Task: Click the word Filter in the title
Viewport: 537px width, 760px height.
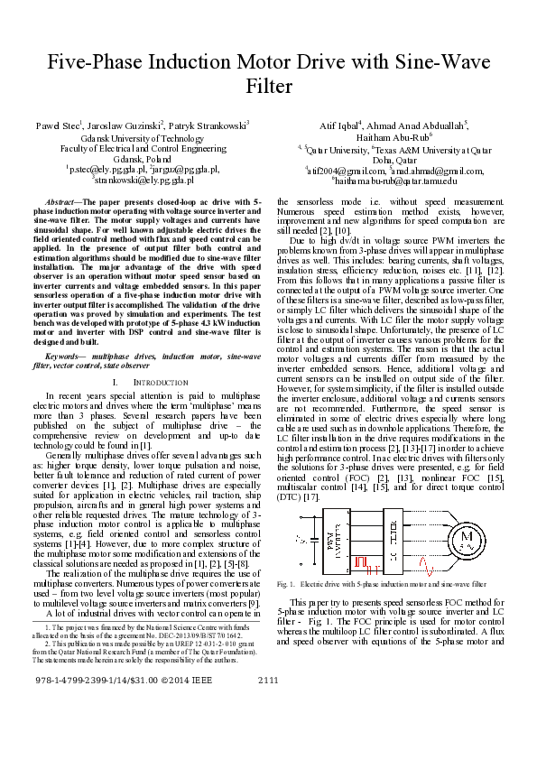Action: click(269, 87)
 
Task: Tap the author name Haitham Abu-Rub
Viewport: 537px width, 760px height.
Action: click(377, 136)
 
